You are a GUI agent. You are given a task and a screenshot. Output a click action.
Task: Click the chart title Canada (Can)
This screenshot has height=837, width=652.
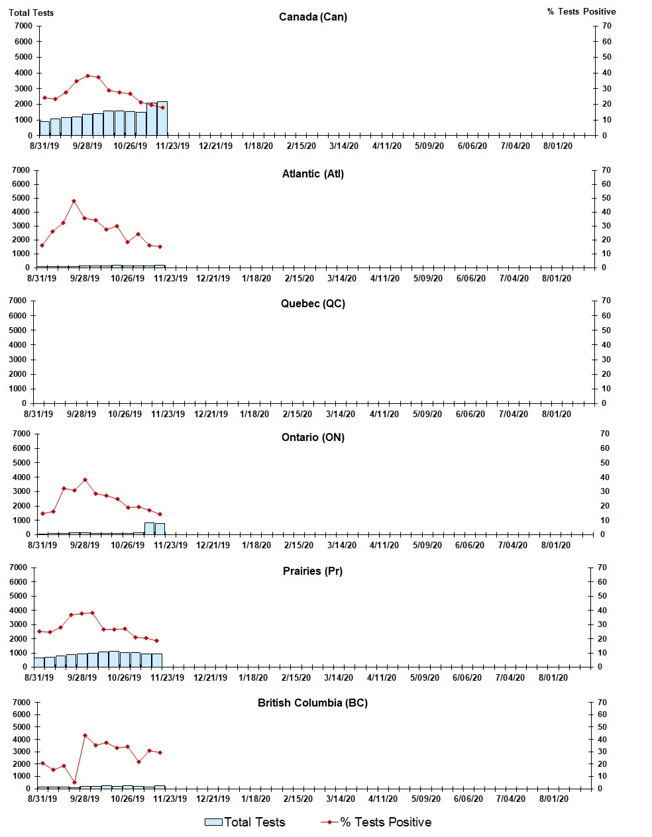coord(313,17)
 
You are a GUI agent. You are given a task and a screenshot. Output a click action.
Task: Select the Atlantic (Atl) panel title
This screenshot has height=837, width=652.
coord(313,174)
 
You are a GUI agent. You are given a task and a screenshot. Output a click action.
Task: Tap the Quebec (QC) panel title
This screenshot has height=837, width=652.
coord(313,304)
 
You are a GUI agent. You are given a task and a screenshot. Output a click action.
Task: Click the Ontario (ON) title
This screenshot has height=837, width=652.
coord(313,438)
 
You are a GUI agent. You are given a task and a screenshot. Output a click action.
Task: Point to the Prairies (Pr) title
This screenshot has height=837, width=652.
coord(313,571)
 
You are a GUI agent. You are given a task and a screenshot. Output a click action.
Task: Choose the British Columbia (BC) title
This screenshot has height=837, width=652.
coord(313,703)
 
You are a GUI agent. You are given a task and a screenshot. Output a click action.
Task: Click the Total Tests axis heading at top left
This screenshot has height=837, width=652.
coord(31,13)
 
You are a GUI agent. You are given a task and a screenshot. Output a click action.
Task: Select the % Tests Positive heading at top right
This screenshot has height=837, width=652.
coord(581,12)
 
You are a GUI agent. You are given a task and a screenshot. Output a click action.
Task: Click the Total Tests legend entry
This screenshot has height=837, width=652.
coord(245,822)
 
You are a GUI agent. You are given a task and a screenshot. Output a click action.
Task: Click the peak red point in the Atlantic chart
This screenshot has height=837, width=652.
coord(74,201)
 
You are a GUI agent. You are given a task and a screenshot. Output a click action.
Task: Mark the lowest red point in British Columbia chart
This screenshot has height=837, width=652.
coord(74,782)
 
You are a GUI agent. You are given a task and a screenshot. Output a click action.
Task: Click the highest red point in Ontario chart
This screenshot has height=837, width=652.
coord(85,479)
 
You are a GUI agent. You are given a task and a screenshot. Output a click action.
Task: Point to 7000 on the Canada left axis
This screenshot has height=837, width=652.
coord(23,26)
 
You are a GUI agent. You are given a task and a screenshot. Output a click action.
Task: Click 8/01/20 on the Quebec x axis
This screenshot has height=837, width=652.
coord(557,415)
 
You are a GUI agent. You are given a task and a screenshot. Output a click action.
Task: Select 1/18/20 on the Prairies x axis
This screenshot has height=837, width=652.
coord(253,678)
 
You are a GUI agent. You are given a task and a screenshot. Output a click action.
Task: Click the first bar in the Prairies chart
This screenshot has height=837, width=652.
coord(39,662)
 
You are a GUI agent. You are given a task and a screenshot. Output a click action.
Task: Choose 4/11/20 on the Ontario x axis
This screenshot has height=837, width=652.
coord(384,546)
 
